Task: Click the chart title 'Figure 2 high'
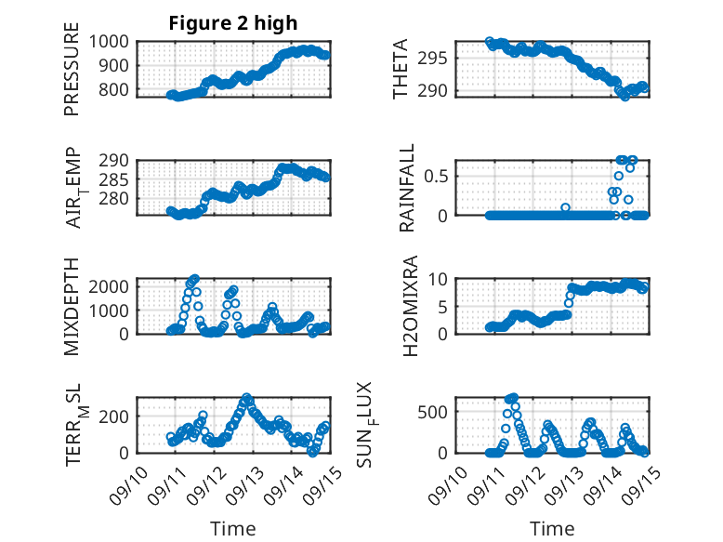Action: coord(232,23)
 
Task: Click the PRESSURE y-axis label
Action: coord(72,75)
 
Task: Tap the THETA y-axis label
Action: coord(401,69)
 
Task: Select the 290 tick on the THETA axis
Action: coord(440,90)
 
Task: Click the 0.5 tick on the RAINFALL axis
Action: coord(440,176)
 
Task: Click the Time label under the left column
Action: coord(232,528)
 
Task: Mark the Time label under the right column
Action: coord(552,528)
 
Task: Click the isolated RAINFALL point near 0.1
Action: coord(565,207)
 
